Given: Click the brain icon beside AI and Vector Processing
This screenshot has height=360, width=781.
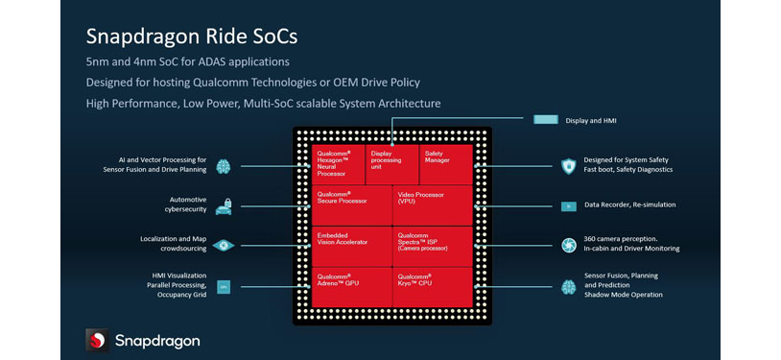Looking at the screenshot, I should (x=224, y=165).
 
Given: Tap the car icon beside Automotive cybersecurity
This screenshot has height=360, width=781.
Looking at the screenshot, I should (x=224, y=205).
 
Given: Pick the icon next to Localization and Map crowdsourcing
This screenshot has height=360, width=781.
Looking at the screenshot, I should (x=224, y=246).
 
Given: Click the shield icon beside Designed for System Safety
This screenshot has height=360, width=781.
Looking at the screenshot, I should (x=568, y=165).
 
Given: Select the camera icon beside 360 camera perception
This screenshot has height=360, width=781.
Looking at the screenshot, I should (x=568, y=246).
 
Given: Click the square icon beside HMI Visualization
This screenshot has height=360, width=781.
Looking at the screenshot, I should (x=224, y=286).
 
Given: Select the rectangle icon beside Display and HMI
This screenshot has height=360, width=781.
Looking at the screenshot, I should (x=546, y=120).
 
